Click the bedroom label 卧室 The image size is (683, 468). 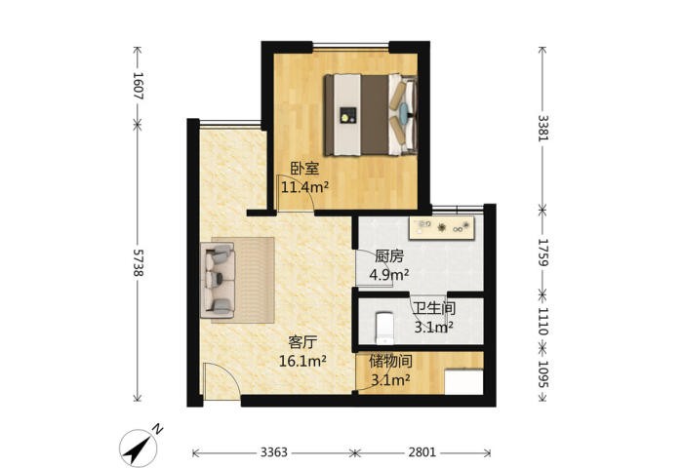coord(304,169)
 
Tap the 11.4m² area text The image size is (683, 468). coord(304,187)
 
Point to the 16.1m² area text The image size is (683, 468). coord(302,361)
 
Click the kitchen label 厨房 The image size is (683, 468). coord(389,256)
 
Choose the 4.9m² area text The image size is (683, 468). coord(389,275)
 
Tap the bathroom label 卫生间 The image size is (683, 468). coord(434,308)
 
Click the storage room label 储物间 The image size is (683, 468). coord(390,361)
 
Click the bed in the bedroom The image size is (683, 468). coord(371,114)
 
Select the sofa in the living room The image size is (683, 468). coord(218,281)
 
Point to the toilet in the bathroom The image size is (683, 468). coord(384,327)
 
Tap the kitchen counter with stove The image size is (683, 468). coord(441,227)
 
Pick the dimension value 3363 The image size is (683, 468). coord(274,452)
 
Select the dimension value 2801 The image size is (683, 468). coord(422,452)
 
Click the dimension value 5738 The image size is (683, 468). coord(139,263)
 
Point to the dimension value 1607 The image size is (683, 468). coord(139,86)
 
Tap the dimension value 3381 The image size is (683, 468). coord(542,128)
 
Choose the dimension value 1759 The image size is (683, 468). coord(542,253)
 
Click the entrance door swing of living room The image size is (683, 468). coord(221,381)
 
